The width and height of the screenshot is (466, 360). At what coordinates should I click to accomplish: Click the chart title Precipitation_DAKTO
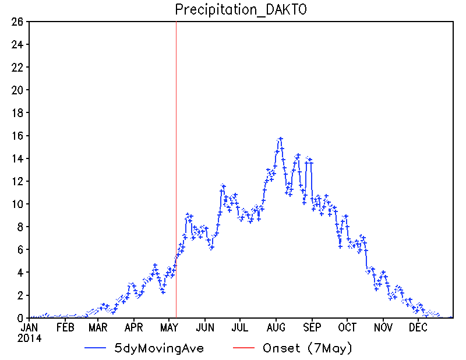click(241, 10)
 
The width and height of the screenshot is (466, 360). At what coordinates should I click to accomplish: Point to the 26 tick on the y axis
click(17, 22)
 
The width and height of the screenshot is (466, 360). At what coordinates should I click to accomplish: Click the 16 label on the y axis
click(17, 136)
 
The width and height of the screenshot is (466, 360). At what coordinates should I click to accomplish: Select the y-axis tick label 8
click(20, 227)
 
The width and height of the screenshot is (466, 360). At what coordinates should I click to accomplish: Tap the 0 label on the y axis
click(20, 319)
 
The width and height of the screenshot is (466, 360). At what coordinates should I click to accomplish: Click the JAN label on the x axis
click(29, 327)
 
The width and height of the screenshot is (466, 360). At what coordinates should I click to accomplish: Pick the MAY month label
click(169, 327)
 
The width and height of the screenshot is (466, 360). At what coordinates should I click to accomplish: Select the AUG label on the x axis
click(276, 327)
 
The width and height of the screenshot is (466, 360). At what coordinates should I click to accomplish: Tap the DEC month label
click(418, 327)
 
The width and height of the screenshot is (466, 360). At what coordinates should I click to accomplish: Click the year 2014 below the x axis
click(29, 338)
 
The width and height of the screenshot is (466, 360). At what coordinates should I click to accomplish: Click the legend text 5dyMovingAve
click(159, 348)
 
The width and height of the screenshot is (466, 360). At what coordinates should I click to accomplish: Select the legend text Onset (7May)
click(308, 348)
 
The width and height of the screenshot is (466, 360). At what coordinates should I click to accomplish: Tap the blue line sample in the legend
click(96, 348)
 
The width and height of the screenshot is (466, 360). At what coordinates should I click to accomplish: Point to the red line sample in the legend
click(243, 348)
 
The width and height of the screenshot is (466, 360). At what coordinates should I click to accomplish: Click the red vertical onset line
click(176, 170)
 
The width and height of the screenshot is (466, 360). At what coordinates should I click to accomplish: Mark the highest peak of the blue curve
click(280, 139)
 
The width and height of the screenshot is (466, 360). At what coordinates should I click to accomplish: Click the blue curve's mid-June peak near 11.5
click(223, 186)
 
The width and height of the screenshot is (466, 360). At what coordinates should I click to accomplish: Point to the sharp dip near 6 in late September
click(340, 246)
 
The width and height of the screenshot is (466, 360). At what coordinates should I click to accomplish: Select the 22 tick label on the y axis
click(17, 68)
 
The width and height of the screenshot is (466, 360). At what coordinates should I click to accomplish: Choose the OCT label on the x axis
click(347, 327)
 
